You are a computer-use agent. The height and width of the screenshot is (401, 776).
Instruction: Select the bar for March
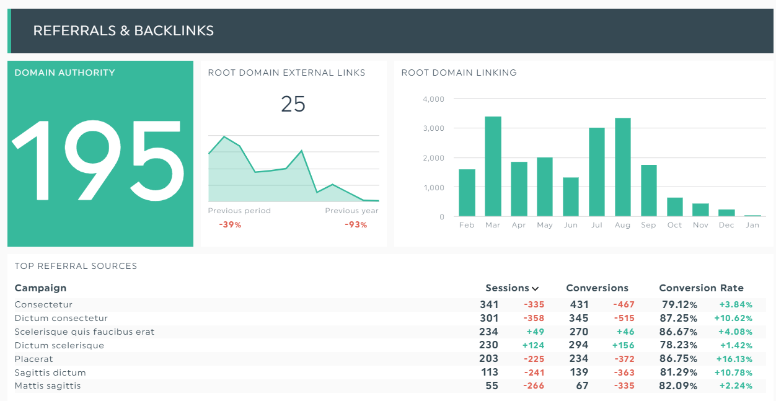coord(493,166)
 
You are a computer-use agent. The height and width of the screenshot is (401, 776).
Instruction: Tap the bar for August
coord(622,167)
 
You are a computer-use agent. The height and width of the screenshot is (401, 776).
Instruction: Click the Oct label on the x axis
coord(674,225)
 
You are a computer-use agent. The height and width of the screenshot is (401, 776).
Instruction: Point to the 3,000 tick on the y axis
coord(433,128)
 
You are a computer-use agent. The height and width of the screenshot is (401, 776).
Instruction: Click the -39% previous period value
coord(230,224)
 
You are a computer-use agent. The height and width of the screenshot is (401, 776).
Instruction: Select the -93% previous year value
coord(356,224)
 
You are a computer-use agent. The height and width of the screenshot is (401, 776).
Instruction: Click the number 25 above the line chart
coord(293,104)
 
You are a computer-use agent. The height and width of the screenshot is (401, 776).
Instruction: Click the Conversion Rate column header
coord(701,288)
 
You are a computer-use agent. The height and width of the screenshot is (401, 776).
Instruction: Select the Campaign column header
coord(40,288)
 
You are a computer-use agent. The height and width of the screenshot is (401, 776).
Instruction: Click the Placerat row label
coord(33,359)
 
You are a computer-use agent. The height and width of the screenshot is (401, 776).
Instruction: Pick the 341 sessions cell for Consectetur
coord(488,305)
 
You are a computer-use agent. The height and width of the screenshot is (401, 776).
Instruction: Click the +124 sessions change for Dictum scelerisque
coord(533,346)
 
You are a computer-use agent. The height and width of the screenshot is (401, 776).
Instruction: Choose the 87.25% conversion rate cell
coord(679,319)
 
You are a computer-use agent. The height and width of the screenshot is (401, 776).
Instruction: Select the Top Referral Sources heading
coord(76,266)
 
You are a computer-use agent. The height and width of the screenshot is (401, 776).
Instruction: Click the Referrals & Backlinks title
coord(123,31)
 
